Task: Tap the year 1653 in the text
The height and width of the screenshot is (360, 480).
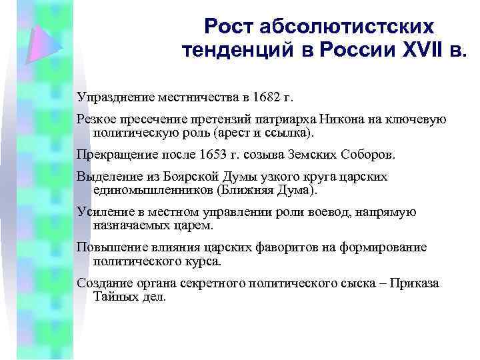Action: (x=214, y=155)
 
